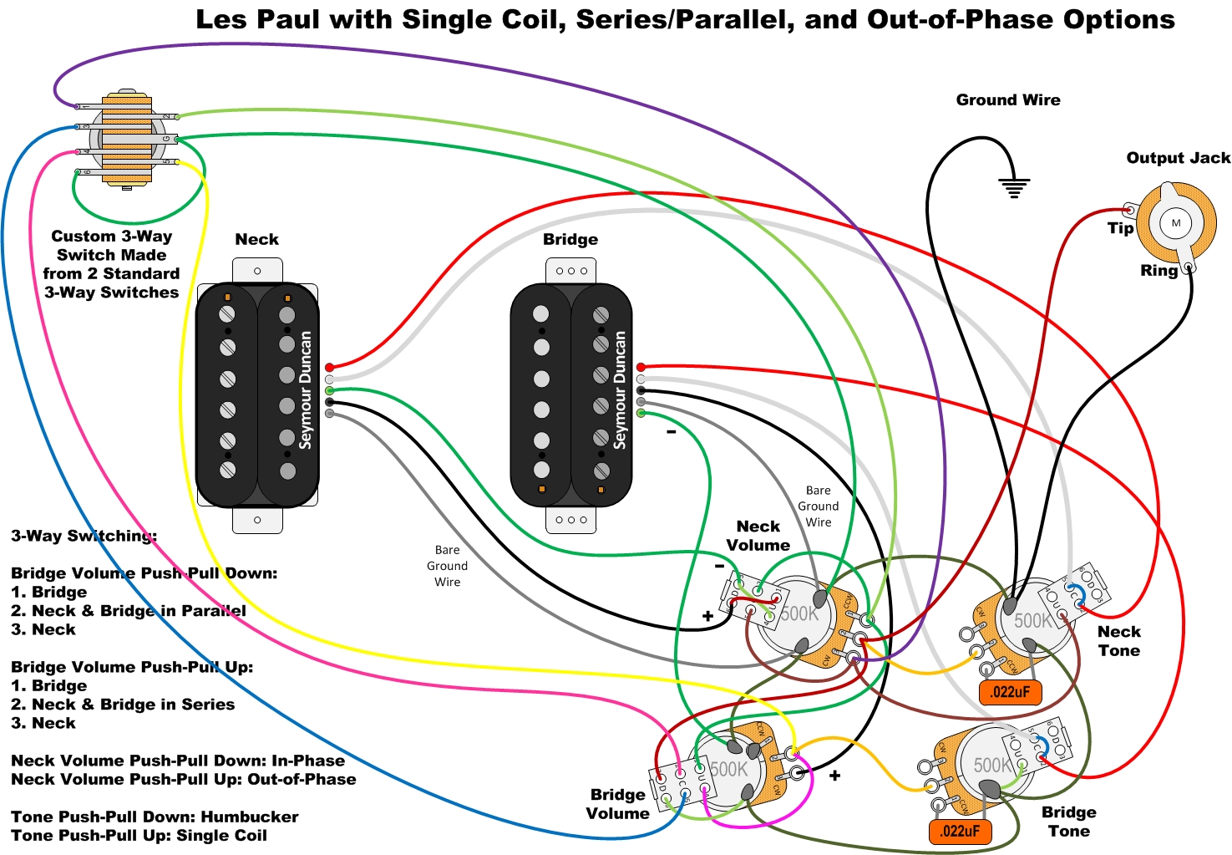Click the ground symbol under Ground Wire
tap(1013, 187)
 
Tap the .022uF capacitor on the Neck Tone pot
tap(1010, 692)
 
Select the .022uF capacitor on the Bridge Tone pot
tap(960, 831)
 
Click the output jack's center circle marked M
tap(1176, 223)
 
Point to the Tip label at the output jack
tap(1120, 228)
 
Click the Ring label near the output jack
tap(1158, 271)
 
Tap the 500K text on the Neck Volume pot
tap(799, 613)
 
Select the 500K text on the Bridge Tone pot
tap(993, 765)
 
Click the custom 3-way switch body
tap(127, 139)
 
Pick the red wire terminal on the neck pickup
tap(329, 367)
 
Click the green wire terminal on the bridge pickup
tap(641, 414)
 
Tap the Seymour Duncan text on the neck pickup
tap(306, 389)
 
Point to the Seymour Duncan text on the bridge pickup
tap(620, 389)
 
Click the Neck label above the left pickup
tap(256, 240)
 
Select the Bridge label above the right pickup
tap(570, 240)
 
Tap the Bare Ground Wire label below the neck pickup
tap(447, 566)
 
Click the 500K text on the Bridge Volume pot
tap(729, 769)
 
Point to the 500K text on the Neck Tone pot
tap(1032, 621)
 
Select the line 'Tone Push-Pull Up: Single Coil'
tap(139, 836)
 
